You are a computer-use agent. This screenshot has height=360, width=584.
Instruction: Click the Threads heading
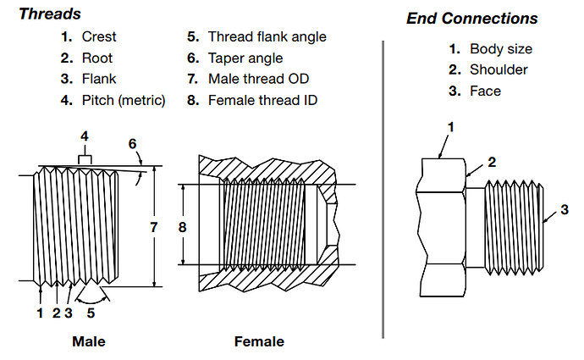(x=50, y=14)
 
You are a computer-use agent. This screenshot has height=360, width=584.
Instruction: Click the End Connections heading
(x=471, y=19)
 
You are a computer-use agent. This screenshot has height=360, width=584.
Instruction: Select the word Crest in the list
(x=99, y=37)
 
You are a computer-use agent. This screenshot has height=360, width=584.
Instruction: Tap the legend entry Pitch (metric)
(x=124, y=101)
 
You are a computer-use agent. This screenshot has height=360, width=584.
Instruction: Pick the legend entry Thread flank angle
(x=267, y=37)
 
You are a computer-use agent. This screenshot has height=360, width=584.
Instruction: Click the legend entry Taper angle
(x=245, y=58)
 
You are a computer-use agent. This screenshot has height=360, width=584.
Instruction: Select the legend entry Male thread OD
(x=258, y=80)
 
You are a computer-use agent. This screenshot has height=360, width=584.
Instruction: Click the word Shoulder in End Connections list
(x=499, y=69)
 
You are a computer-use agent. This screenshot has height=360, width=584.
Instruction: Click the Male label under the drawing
(x=89, y=342)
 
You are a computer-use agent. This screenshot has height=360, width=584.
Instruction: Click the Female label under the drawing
(x=259, y=342)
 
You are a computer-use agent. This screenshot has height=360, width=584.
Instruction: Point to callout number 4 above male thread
(x=84, y=136)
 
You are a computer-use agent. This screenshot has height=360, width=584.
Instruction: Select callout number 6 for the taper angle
(x=132, y=144)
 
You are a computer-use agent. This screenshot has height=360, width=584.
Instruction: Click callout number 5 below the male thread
(x=91, y=313)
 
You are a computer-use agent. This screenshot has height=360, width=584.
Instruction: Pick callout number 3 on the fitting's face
(x=565, y=209)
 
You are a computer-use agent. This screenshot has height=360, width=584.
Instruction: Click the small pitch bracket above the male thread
(x=84, y=159)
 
